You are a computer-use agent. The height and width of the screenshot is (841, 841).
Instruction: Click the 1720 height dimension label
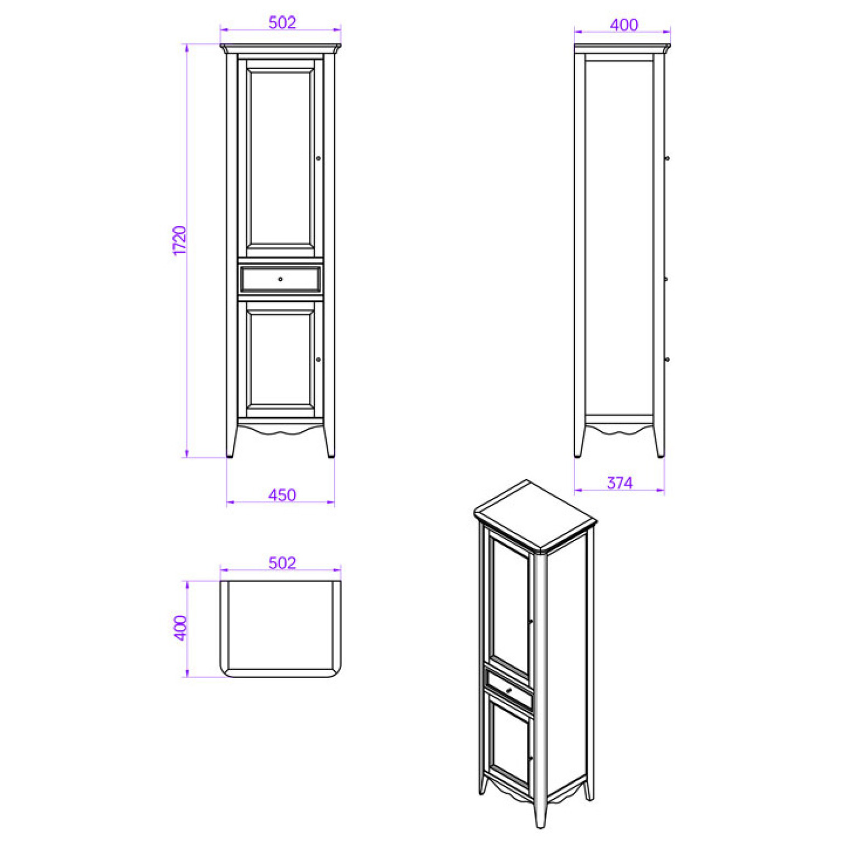pyautogui.click(x=180, y=240)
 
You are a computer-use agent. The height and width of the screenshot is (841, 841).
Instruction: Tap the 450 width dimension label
pyautogui.click(x=282, y=495)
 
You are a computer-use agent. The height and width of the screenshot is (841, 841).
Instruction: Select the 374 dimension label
pyautogui.click(x=620, y=483)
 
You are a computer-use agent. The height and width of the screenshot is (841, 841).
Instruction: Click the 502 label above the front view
pyautogui.click(x=282, y=22)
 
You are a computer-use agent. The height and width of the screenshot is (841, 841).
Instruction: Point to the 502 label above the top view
pyautogui.click(x=282, y=563)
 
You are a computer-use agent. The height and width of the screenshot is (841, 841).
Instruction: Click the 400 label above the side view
pyautogui.click(x=624, y=25)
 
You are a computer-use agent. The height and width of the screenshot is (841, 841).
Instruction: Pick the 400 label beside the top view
pyautogui.click(x=180, y=628)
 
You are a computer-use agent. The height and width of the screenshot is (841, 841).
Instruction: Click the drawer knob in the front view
pyautogui.click(x=280, y=280)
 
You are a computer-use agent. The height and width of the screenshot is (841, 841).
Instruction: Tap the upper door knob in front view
pyautogui.click(x=318, y=158)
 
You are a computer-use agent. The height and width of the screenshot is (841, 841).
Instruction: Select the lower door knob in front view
pyautogui.click(x=318, y=360)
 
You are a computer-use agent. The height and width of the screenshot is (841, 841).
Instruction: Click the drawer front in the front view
pyautogui.click(x=280, y=279)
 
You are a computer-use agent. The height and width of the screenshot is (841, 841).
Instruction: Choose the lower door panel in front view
pyautogui.click(x=280, y=359)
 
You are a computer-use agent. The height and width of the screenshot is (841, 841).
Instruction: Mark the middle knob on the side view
pyautogui.click(x=667, y=280)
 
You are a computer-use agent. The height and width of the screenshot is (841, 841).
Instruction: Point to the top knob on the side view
pyautogui.click(x=667, y=158)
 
